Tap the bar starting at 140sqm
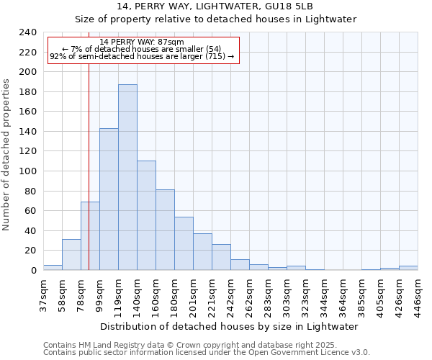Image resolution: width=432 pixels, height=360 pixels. click(x=146, y=215)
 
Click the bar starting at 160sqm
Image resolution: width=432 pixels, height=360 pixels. click(x=165, y=230)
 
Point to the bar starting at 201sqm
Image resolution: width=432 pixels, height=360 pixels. click(x=202, y=251)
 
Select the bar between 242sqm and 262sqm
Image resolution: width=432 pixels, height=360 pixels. click(x=240, y=264)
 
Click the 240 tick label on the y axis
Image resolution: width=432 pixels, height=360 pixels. click(x=27, y=32)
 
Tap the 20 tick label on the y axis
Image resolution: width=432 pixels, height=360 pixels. click(x=30, y=251)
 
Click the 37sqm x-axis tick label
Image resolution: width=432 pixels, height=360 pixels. click(x=43, y=294)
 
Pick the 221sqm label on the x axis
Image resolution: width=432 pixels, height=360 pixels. click(x=212, y=294)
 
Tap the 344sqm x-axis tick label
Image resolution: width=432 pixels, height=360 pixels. click(x=324, y=294)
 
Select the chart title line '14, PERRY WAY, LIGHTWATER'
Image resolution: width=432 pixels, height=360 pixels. click(x=215, y=6)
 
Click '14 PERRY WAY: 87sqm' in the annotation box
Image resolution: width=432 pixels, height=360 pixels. click(x=142, y=42)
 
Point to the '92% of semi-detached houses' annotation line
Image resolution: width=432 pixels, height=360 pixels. click(x=142, y=56)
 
